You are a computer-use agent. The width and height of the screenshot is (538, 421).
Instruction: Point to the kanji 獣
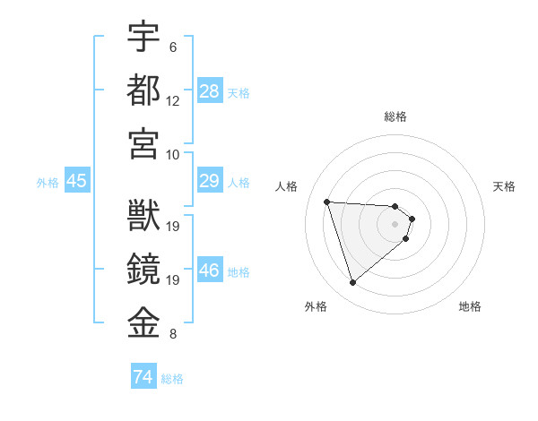point(143,216)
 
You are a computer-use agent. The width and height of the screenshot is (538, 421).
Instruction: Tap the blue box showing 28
point(210,91)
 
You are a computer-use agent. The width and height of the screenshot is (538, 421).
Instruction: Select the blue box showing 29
point(210,182)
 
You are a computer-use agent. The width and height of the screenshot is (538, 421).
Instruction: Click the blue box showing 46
point(210,271)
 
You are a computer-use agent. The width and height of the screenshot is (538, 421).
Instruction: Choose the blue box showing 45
point(76,182)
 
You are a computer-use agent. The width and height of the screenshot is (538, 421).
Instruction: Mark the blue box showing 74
point(143,378)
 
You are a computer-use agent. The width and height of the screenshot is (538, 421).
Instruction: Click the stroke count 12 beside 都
point(173,101)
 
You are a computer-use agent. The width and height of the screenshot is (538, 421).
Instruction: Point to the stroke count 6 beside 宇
point(173,47)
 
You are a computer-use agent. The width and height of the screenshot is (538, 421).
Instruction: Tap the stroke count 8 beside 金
point(173,335)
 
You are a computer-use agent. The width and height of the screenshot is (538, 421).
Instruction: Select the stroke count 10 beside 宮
point(173,154)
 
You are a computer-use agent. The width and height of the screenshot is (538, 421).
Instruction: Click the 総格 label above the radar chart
point(395,116)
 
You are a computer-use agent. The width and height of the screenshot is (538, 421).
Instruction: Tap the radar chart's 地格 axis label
point(470,306)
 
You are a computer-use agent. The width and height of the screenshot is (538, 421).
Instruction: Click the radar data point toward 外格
point(352,283)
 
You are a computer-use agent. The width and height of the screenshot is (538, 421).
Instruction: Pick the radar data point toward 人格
point(327,202)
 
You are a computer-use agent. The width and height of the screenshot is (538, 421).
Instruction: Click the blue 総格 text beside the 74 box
point(172,379)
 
